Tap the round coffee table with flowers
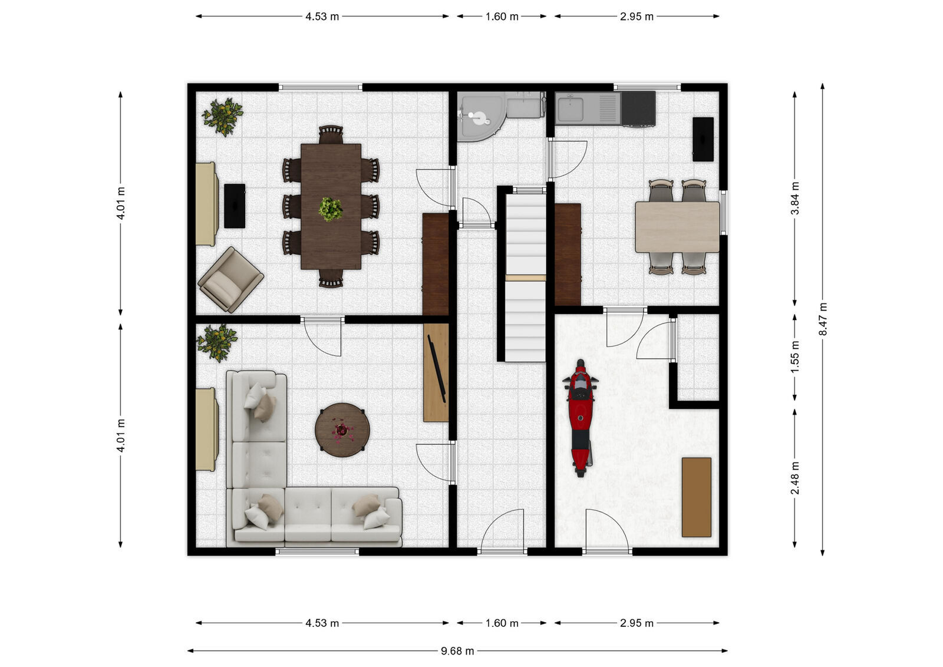click(x=342, y=430)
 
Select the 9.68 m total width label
click(x=457, y=651)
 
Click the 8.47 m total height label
click(x=823, y=319)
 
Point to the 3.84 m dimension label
click(x=794, y=200)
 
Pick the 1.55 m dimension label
click(x=794, y=356)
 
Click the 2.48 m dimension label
click(x=794, y=478)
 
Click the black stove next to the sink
click(x=638, y=108)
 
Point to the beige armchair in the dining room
click(x=230, y=280)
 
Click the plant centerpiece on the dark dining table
click(x=331, y=209)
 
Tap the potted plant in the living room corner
click(x=217, y=342)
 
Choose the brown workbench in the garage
click(x=696, y=497)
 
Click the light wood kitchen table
click(x=677, y=227)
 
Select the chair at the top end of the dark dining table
click(x=331, y=134)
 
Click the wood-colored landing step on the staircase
click(x=525, y=278)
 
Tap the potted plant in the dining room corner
click(x=222, y=116)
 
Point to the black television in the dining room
click(x=234, y=206)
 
